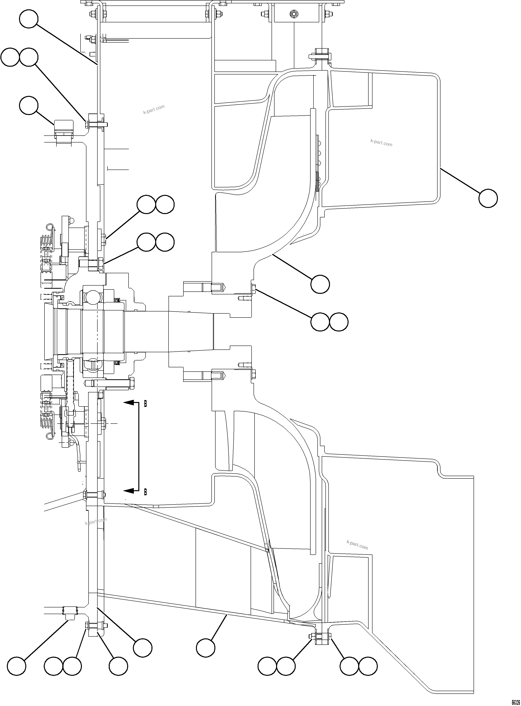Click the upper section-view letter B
point(145,404)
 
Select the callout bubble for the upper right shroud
point(488,198)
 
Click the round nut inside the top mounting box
point(294,13)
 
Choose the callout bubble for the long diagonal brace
point(206,648)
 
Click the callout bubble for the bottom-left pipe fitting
point(16,666)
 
